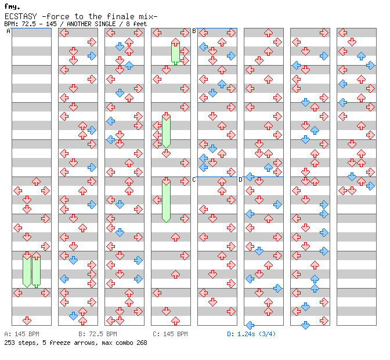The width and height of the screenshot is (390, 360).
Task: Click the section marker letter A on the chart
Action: coord(9,31)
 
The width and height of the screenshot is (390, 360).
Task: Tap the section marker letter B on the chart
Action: coord(194,31)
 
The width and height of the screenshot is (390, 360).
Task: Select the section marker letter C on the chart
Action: coord(194,180)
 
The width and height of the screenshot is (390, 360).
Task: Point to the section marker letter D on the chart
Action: coord(241,180)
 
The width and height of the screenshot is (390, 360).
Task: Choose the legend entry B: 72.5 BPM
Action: coord(98,334)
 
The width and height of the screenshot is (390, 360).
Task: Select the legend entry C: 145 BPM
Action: coord(170,334)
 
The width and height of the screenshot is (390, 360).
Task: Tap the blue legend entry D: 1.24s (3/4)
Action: coord(251,334)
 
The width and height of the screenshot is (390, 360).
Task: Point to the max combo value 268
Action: coord(139,343)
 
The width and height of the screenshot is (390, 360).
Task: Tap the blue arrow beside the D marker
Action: coord(250,177)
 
